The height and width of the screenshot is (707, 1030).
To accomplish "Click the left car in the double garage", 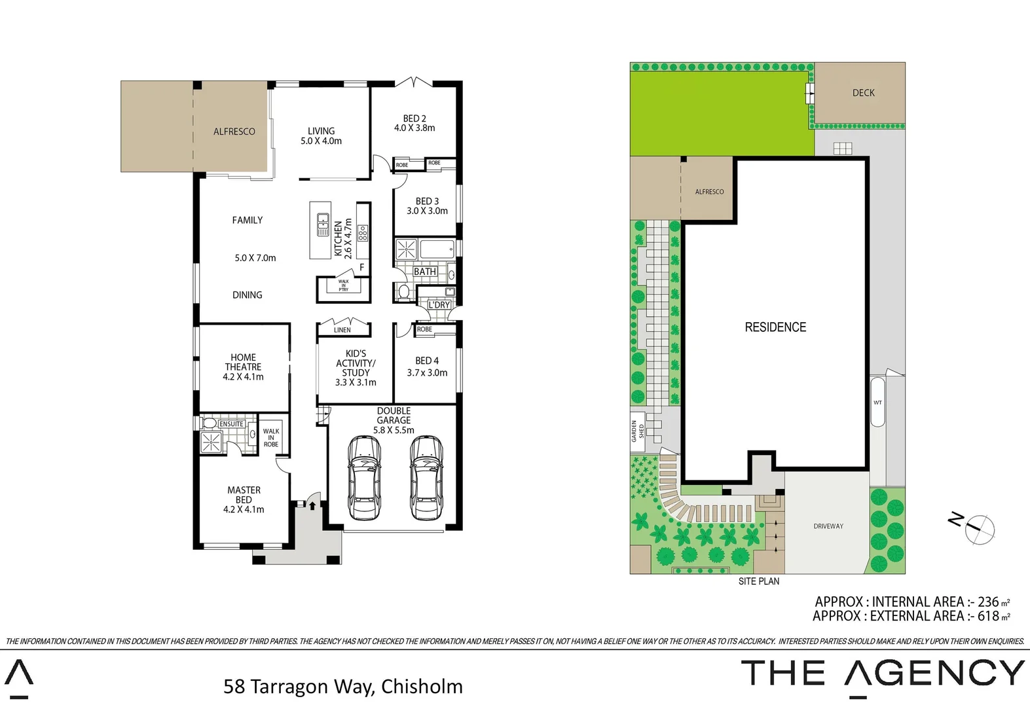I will click(364, 477).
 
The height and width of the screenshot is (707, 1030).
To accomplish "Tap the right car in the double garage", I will click(426, 477).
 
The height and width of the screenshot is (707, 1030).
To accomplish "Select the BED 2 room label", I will click(414, 118).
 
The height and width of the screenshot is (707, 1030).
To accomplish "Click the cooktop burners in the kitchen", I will click(363, 232).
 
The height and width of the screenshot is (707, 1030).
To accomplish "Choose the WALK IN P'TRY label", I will click(343, 285).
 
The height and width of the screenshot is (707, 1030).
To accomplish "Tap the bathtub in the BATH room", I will click(436, 249).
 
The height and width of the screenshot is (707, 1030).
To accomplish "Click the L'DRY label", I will click(439, 305).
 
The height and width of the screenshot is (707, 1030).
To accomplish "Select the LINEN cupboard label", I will click(342, 330).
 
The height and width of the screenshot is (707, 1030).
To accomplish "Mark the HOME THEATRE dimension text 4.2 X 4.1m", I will click(244, 377).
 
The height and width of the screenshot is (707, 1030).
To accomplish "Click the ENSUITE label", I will click(231, 424).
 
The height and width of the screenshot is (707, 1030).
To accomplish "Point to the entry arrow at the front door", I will click(312, 505).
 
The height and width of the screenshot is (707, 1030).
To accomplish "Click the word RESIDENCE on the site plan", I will click(775, 327).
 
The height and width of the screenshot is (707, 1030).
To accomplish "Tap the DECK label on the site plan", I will click(863, 93).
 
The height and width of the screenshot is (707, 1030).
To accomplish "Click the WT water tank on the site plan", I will click(877, 402).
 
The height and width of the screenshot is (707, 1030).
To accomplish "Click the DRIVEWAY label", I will click(828, 526).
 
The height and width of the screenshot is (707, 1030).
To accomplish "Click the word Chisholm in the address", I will click(422, 686).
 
